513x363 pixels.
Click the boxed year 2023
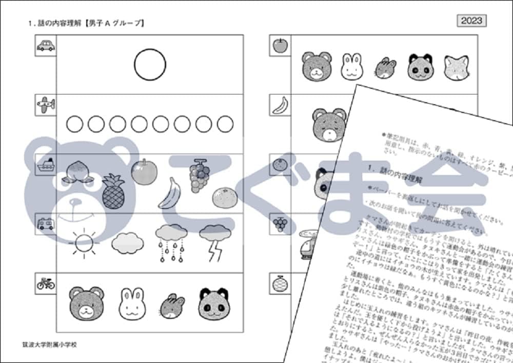click(x=471, y=20)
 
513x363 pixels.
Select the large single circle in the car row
click(x=150, y=65)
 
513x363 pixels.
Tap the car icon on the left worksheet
click(x=45, y=46)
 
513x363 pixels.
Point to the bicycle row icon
click(x=45, y=283)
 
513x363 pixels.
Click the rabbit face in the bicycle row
click(x=133, y=302)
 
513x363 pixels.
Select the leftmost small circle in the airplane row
click(x=74, y=124)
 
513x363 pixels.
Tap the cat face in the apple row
click(x=456, y=67)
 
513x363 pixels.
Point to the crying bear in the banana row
click(x=329, y=125)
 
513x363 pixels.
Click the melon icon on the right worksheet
click(x=280, y=283)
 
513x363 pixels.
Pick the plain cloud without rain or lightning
click(x=127, y=241)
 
